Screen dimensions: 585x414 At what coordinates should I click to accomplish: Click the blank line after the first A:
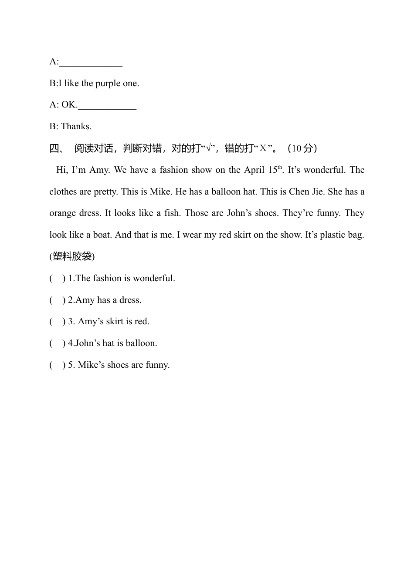pos(91,63)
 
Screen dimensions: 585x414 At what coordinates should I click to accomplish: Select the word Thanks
pos(76,127)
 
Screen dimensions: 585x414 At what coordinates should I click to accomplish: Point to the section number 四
pos(56,148)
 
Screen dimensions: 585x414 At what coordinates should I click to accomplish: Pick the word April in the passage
pos(254,170)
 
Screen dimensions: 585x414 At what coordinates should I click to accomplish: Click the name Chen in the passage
pos(299,192)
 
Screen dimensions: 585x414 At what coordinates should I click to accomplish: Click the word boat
pos(102,235)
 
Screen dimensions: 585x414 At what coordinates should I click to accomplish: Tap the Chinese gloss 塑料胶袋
pos(72,257)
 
